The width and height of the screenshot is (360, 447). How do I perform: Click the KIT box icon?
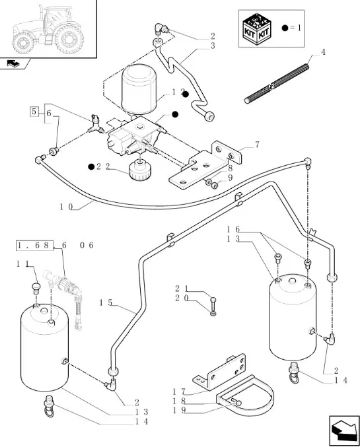click(257, 28)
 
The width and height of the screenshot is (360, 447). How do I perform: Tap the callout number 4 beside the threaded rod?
click(323, 52)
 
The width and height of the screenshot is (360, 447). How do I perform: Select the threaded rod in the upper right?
click(277, 84)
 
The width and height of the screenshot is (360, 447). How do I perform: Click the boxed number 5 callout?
click(34, 112)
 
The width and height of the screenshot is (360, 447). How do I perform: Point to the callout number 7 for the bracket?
click(257, 145)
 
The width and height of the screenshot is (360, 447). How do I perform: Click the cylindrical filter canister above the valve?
click(139, 88)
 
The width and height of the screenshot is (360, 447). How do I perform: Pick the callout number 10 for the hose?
click(67, 207)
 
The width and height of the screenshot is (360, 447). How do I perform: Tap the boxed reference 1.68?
click(34, 246)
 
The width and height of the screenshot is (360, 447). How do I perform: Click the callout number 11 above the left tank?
click(22, 264)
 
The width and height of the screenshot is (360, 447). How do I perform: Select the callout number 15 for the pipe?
click(106, 303)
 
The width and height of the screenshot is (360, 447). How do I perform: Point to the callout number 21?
click(182, 289)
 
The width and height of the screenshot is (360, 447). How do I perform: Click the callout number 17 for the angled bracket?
click(179, 392)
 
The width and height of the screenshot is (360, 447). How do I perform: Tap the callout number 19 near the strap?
click(179, 410)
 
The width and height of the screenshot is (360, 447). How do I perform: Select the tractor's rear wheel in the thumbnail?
click(69, 39)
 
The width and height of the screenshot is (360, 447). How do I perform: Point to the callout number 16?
click(233, 230)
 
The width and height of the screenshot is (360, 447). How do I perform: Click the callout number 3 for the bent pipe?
click(213, 46)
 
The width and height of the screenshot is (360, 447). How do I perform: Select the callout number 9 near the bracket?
click(231, 178)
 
